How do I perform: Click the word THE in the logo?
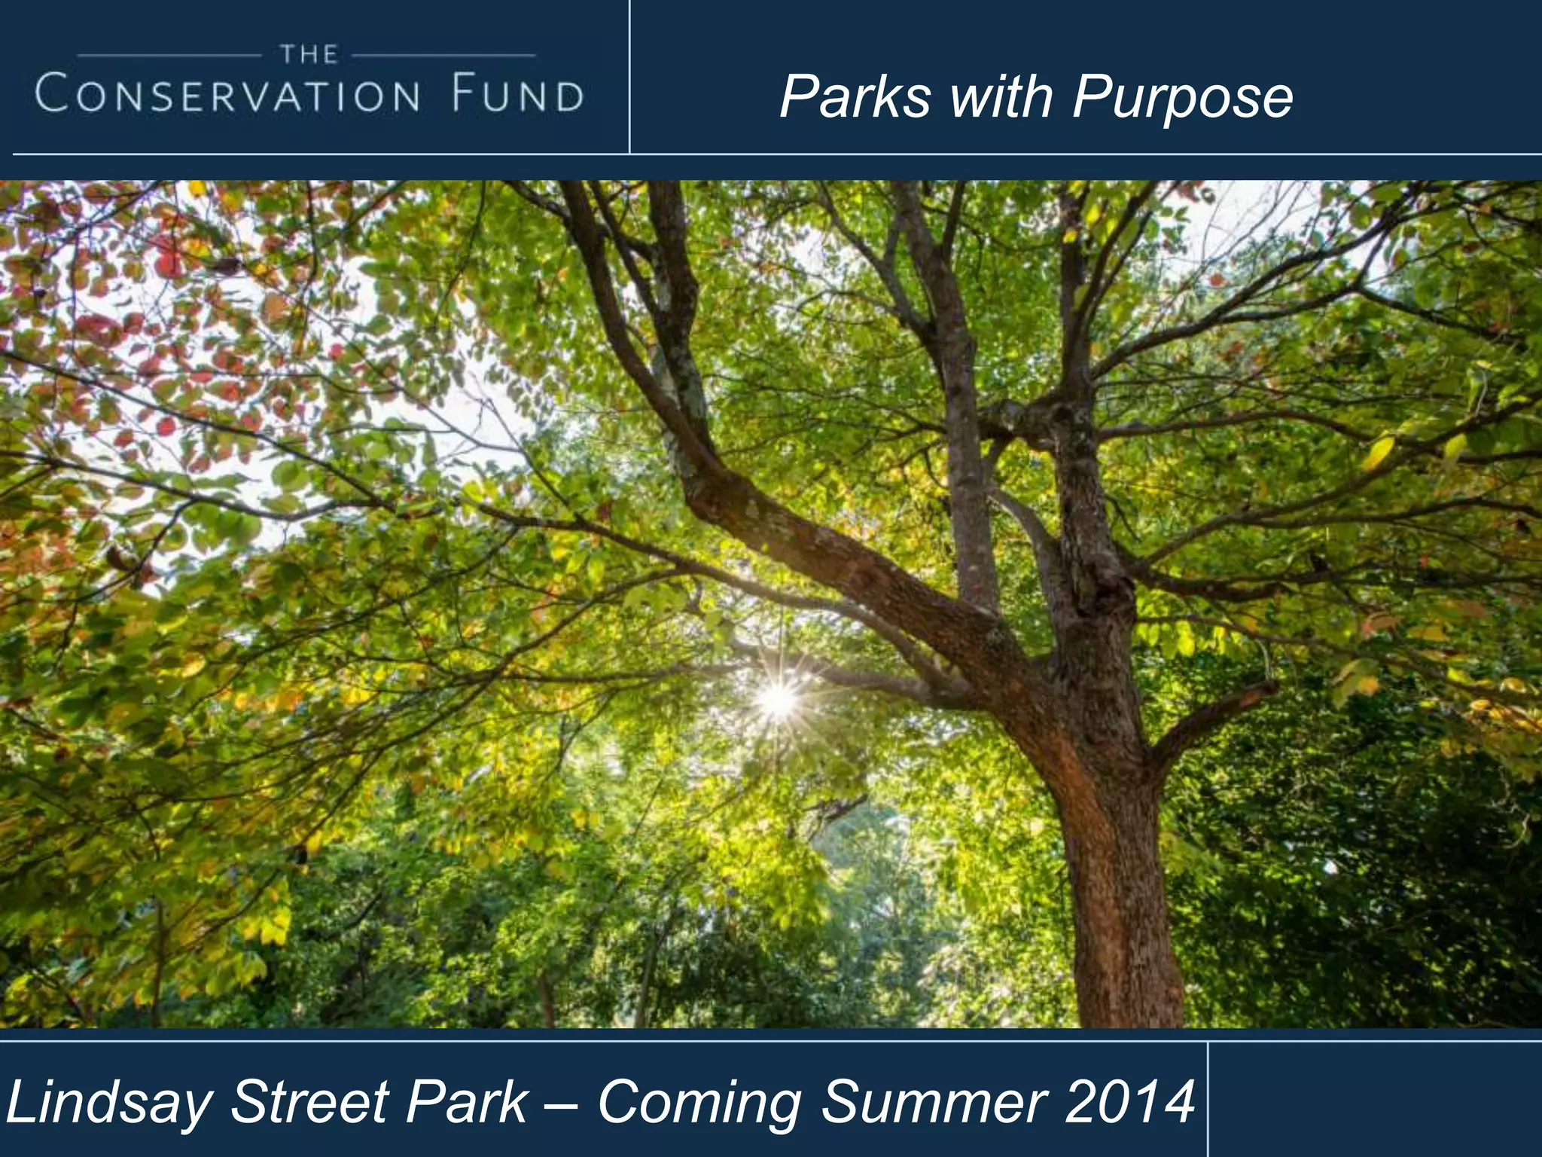309,54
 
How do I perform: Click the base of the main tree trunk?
1122,994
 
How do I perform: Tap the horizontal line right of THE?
444,55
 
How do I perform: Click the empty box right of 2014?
1375,1100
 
